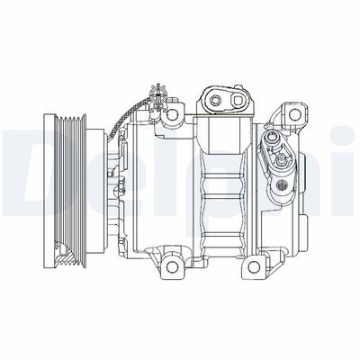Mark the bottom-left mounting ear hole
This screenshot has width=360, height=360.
click(x=170, y=266)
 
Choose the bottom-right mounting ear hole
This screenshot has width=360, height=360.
click(x=262, y=265)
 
